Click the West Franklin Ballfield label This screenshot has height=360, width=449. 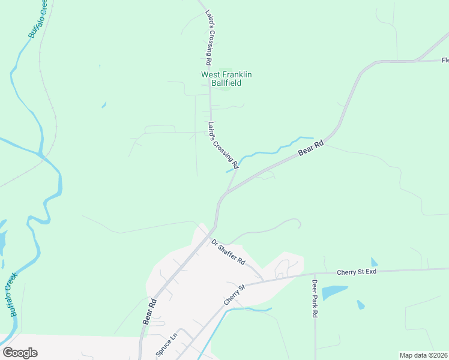[226, 79]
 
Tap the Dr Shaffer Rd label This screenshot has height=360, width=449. [229, 253]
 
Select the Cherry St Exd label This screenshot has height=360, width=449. [356, 272]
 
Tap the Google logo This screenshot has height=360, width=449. [20, 353]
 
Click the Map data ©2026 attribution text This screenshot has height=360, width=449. [423, 355]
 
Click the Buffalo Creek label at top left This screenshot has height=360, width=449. [37, 19]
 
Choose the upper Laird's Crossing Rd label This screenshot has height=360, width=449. [208, 37]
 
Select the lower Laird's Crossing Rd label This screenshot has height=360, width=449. [223, 145]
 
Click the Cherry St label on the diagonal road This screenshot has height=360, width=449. [235, 295]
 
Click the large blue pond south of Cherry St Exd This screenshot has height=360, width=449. [334, 293]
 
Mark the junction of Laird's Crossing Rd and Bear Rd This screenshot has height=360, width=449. [226, 193]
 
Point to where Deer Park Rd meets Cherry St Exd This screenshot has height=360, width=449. [315, 275]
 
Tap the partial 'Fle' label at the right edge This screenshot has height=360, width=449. [445, 60]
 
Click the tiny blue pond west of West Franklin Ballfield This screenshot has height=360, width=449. [104, 105]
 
